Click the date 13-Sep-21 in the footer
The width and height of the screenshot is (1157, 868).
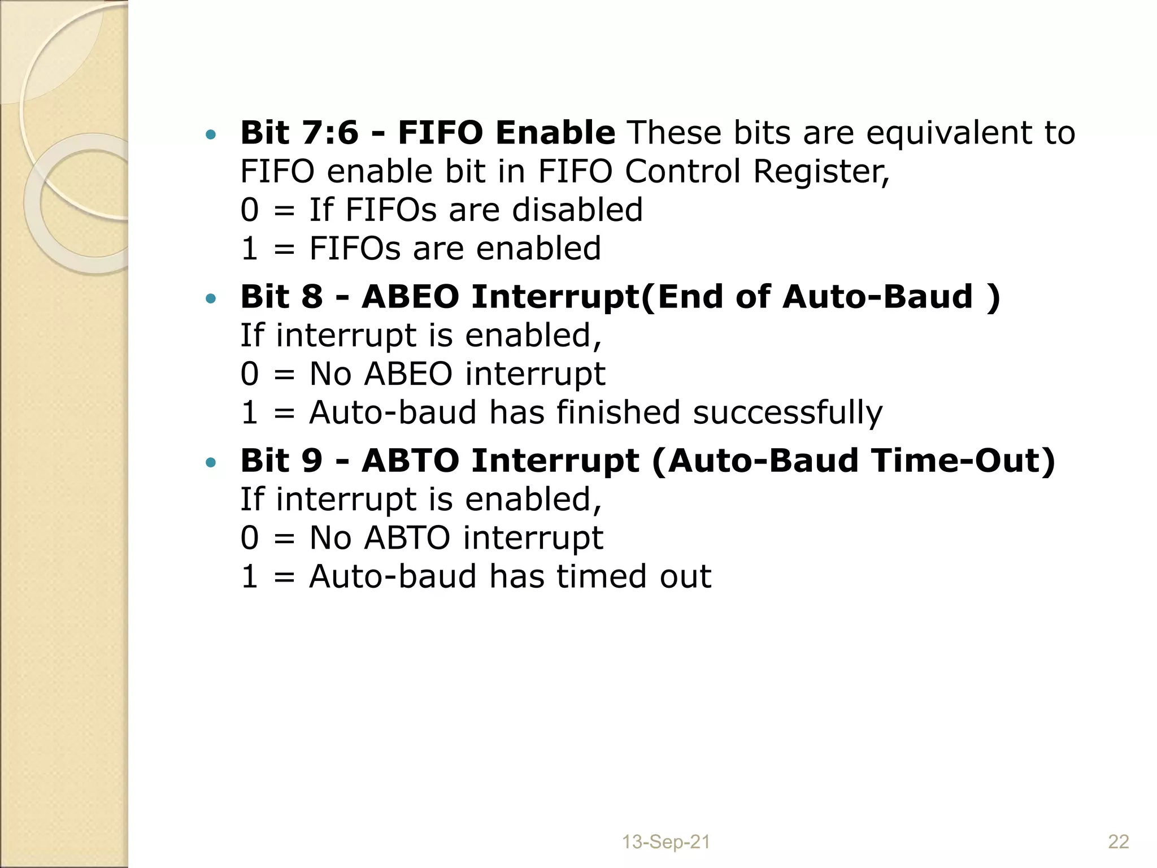click(x=666, y=842)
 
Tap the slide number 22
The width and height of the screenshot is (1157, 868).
click(x=1118, y=842)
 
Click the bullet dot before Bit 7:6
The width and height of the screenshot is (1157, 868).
click(x=211, y=134)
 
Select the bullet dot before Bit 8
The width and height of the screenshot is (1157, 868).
click(x=211, y=298)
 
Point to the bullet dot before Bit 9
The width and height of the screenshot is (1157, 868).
click(x=211, y=463)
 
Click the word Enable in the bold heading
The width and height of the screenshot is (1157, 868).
click(x=555, y=133)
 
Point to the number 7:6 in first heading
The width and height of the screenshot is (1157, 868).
click(x=330, y=133)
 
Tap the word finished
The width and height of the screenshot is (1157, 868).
click(x=618, y=413)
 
